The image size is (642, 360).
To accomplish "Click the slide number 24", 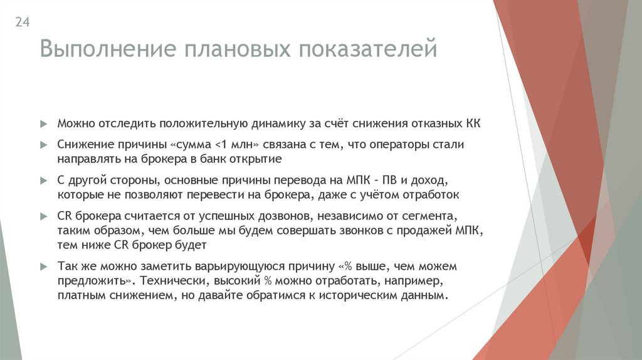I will point(23,23).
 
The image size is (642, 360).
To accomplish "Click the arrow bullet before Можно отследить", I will point(44,124).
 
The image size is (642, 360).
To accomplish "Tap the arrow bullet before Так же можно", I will point(44,267).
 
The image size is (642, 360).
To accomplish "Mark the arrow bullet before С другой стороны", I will point(44,180).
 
